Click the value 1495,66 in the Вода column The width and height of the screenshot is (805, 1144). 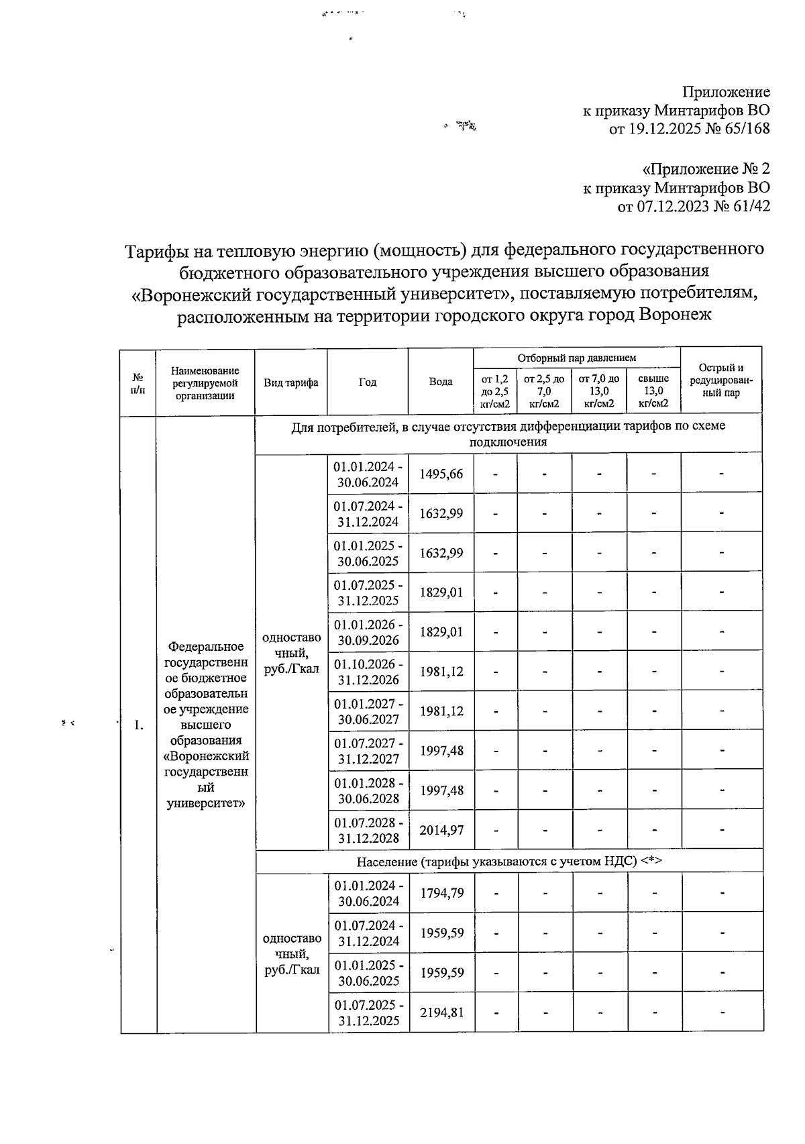(x=441, y=474)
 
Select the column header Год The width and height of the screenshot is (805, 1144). (x=368, y=382)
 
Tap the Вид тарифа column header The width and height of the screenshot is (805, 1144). (x=291, y=382)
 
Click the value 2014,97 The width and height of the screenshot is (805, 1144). (x=441, y=830)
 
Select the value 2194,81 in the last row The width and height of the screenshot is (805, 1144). (x=441, y=1013)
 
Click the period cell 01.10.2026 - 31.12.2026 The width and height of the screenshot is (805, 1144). (x=369, y=672)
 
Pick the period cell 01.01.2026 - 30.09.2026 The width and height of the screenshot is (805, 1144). (x=369, y=632)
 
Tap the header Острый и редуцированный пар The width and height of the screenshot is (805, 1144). (x=721, y=380)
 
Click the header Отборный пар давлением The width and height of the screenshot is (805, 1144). (x=577, y=358)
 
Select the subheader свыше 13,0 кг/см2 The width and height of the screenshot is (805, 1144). (x=653, y=391)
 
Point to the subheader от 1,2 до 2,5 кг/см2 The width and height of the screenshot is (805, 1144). (x=495, y=391)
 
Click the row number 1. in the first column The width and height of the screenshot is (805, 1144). (x=138, y=725)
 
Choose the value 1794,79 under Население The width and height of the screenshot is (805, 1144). (x=441, y=893)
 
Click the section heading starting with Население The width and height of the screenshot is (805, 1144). (x=508, y=862)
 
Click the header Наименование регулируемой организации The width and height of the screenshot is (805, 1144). (x=205, y=382)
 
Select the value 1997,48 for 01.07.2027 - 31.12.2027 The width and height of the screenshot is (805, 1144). (x=441, y=751)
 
